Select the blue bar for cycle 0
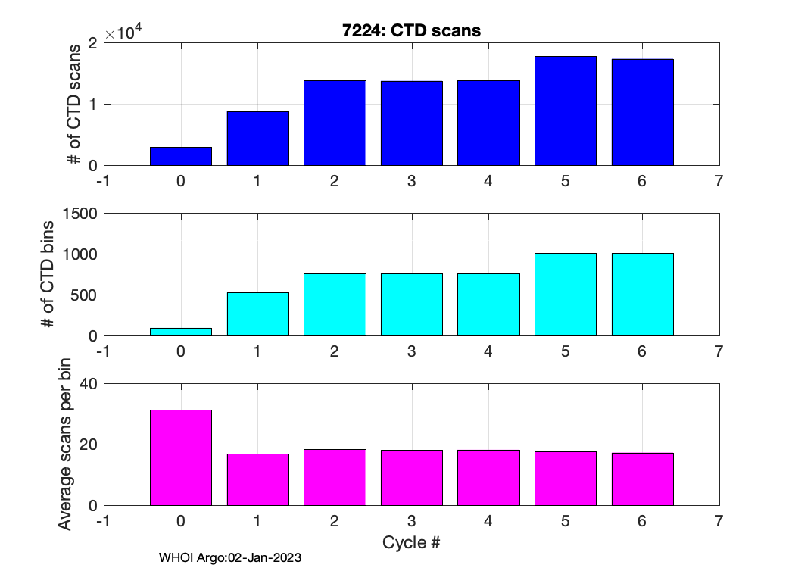click(181, 157)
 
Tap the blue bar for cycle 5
click(565, 111)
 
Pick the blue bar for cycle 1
click(258, 139)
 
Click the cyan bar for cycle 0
click(181, 332)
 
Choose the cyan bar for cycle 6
click(642, 295)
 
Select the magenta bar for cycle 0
click(181, 457)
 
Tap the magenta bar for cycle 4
click(488, 478)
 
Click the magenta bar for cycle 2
click(335, 477)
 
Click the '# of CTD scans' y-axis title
click(73, 105)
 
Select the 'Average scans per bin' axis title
click(66, 445)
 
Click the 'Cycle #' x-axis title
click(412, 542)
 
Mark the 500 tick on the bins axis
click(84, 295)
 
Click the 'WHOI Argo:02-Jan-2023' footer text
click(230, 558)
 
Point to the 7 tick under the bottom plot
click(719, 521)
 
